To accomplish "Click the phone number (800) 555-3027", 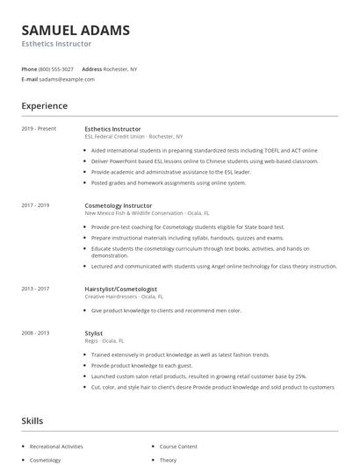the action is pyautogui.click(x=57, y=68).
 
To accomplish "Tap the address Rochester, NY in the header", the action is pyautogui.click(x=121, y=68).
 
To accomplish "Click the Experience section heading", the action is pyautogui.click(x=45, y=106).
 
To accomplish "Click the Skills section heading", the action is pyautogui.click(x=32, y=421).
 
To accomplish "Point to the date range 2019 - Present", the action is pyautogui.click(x=39, y=129).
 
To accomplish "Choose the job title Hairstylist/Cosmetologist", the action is pyautogui.click(x=121, y=289).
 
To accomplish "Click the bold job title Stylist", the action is pyautogui.click(x=94, y=333).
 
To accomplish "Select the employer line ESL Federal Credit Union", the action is pyautogui.click(x=133, y=137).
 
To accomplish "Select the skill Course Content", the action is pyautogui.click(x=179, y=446).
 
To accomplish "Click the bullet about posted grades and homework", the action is pyautogui.click(x=169, y=182).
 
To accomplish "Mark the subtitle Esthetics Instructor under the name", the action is pyautogui.click(x=56, y=43).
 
